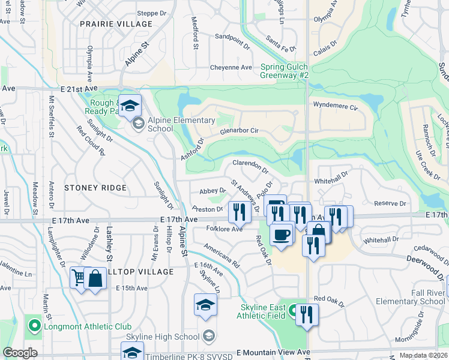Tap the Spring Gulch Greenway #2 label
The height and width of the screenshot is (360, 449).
[285, 71]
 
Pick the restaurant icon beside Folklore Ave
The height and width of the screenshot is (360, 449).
[239, 211]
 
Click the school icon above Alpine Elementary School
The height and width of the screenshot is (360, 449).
[129, 106]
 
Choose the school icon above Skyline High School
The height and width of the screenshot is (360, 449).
[205, 305]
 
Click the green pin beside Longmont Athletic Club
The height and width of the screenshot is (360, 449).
[34, 326]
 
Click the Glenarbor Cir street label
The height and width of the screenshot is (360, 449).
[239, 130]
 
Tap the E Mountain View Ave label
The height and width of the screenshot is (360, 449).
[273, 352]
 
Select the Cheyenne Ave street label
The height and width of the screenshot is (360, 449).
[231, 67]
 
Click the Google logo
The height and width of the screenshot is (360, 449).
[20, 353]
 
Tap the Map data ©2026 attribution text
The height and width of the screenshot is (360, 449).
[423, 355]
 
